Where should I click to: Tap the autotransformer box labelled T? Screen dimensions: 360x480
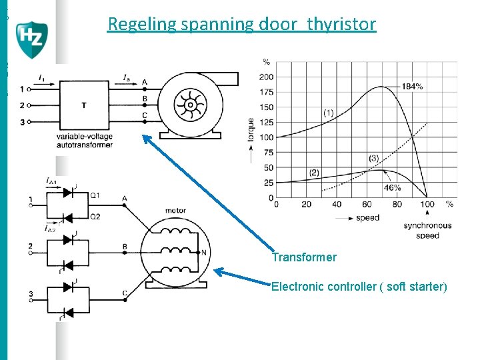pos(84,105)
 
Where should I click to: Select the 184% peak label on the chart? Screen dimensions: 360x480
pos(411,87)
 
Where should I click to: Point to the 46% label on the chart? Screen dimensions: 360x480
pos(392,189)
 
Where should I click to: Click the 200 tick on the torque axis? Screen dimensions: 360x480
pos(266,77)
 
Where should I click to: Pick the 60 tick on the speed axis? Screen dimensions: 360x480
pos(367,204)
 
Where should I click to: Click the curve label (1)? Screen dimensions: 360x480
pos(329,113)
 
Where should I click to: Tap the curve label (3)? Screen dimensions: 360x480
pos(373,159)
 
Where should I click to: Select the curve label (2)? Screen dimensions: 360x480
pos(314,172)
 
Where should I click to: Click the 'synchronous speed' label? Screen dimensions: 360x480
pos(427,230)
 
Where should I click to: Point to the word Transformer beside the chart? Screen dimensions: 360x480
pos(304,257)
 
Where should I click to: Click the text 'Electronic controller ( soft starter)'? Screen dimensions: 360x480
pos(359,287)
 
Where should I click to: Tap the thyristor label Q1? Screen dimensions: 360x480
pos(95,195)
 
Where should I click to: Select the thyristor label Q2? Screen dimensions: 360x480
pos(95,216)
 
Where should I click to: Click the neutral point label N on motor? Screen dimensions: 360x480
pos(204,253)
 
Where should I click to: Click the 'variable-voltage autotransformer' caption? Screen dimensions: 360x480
pos(85,140)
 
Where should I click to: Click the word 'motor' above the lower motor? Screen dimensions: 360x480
pos(175,211)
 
